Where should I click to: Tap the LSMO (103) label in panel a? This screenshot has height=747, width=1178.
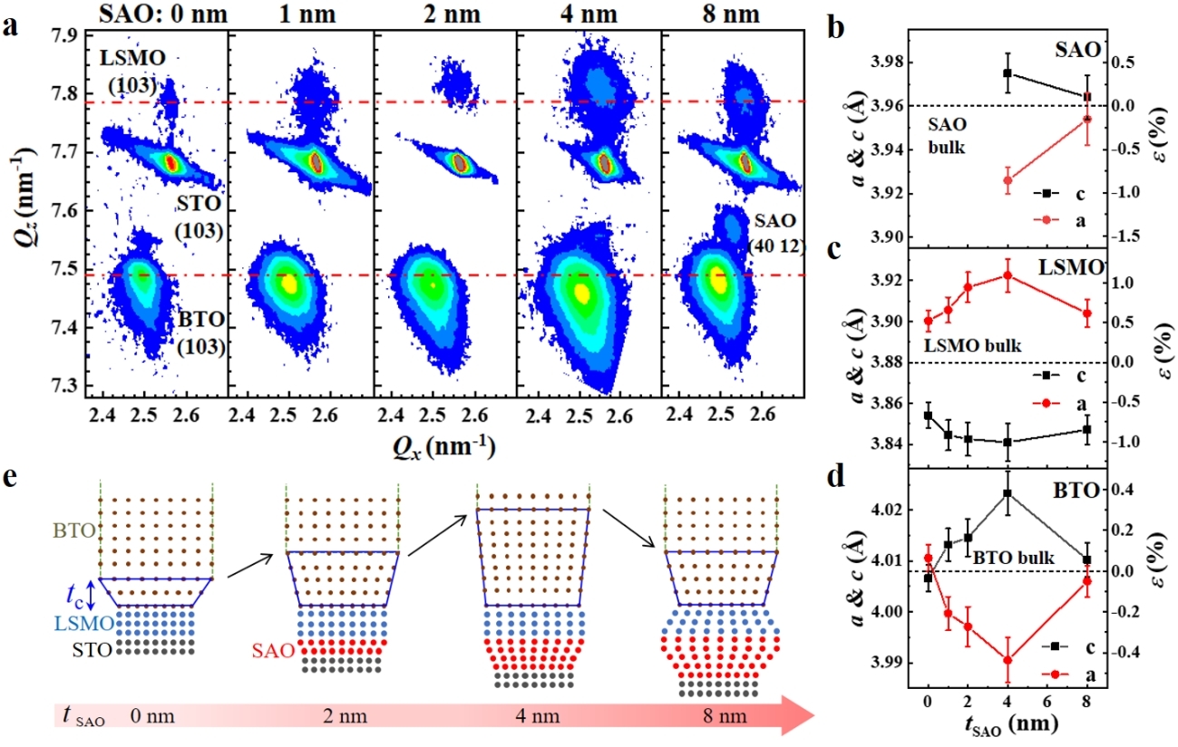click(127, 74)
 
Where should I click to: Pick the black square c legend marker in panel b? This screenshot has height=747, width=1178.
click(1037, 192)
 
